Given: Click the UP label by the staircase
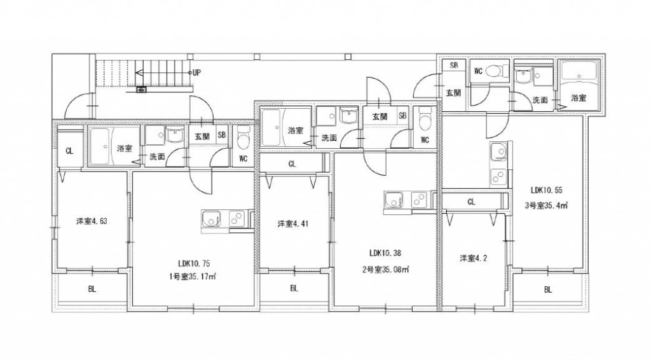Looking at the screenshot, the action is click(x=197, y=73).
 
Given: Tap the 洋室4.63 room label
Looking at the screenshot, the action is click(x=92, y=221).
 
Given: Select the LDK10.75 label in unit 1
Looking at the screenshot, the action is click(x=194, y=263).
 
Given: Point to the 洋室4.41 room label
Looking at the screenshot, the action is click(x=292, y=225).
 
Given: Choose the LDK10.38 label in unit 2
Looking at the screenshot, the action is click(x=385, y=253).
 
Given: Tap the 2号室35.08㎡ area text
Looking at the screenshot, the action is click(x=386, y=270).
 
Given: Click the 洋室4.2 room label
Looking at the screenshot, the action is click(x=473, y=258).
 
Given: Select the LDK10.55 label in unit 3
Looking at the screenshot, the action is click(x=546, y=190).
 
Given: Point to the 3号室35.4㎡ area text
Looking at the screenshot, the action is click(x=546, y=205).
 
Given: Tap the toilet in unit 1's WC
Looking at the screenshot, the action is click(x=243, y=138).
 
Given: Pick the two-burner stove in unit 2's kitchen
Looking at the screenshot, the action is click(x=419, y=200).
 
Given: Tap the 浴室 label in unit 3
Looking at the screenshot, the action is click(x=579, y=98).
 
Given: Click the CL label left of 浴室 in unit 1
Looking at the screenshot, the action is click(x=69, y=151).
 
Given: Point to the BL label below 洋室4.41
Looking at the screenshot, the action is click(x=294, y=288).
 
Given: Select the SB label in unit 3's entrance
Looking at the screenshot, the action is click(x=454, y=65).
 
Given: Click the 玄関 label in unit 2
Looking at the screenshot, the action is click(x=380, y=116).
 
